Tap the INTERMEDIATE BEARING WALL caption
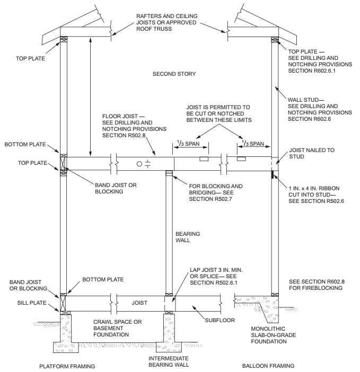pyautogui.click(x=169, y=362)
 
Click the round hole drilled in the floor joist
pyautogui.click(x=139, y=164)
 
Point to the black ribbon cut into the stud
pyautogui.click(x=273, y=174)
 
